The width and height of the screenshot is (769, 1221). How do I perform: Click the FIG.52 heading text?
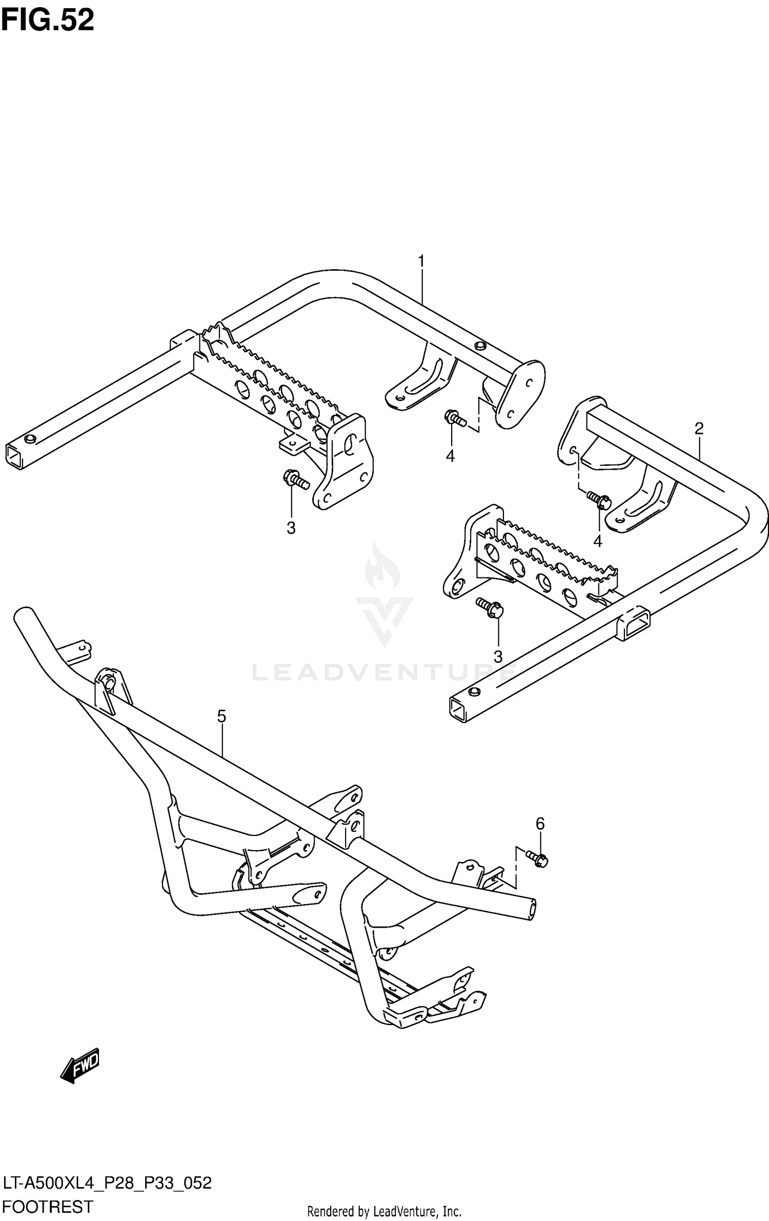(48, 20)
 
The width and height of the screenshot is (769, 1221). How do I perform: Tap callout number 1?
(421, 262)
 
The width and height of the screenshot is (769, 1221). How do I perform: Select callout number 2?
(699, 428)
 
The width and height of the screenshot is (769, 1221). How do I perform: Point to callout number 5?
(221, 716)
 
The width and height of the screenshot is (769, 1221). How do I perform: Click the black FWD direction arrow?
(80, 1066)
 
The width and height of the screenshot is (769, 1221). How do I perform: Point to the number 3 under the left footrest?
(291, 528)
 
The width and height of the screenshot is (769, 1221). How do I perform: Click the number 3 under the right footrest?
(497, 656)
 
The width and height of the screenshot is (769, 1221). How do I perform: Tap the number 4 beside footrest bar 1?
(450, 455)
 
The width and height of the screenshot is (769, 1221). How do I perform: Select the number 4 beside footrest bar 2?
(597, 541)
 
